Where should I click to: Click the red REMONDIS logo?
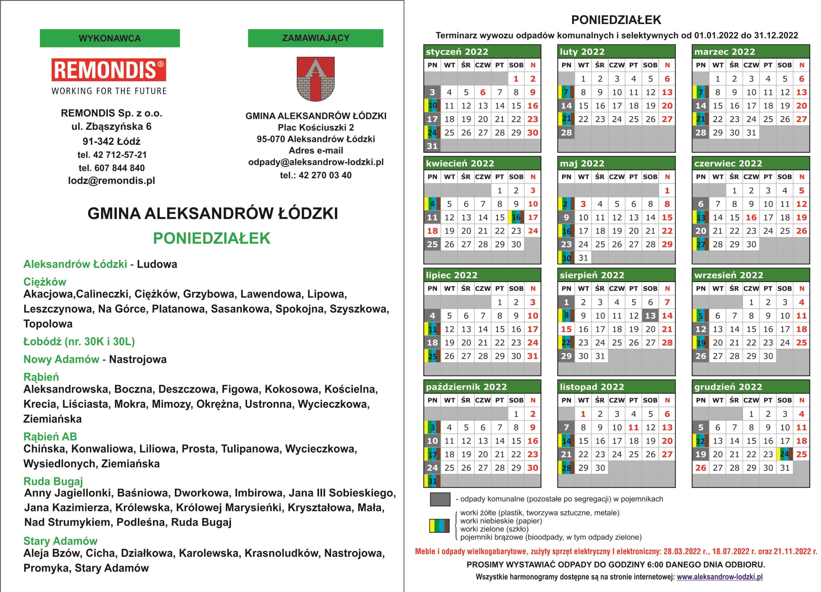pos(109,70)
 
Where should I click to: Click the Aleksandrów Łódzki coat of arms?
pos(315,79)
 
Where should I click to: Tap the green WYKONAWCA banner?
pos(110,38)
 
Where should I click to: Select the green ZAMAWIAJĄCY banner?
pos(315,38)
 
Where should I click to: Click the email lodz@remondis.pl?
pos(112,180)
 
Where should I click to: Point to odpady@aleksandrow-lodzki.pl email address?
pos(316,162)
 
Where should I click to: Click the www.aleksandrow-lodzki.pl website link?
pos(720,576)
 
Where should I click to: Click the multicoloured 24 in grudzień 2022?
pos(784,454)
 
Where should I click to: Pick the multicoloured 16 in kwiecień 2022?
pos(516,217)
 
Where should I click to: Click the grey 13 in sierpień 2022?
pos(650,316)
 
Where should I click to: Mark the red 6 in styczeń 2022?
pos(483,92)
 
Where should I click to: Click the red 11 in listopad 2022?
pos(633,427)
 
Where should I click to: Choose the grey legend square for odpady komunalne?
pos(440,499)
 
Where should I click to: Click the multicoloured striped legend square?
pos(439,526)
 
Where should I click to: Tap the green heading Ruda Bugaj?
pos(53,481)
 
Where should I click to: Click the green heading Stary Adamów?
pos(61,541)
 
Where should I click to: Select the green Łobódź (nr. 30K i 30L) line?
pos(79,341)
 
